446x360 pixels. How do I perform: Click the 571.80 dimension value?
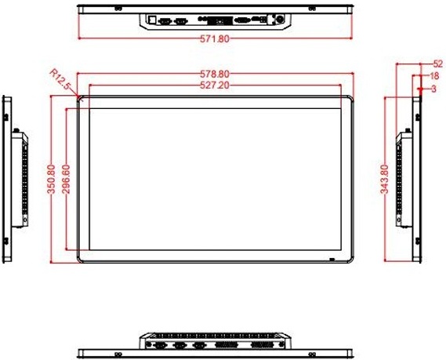(x=216, y=38)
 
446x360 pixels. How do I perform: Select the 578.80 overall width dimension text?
(x=216, y=75)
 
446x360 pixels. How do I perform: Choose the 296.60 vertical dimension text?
(x=66, y=179)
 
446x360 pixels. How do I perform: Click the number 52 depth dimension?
(x=437, y=64)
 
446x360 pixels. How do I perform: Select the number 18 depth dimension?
(x=433, y=76)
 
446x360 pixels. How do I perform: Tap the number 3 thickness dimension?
(x=433, y=89)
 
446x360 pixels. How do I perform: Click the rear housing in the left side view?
(x=22, y=179)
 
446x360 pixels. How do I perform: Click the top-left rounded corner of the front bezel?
(x=81, y=100)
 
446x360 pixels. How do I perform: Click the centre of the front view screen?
(x=216, y=179)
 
